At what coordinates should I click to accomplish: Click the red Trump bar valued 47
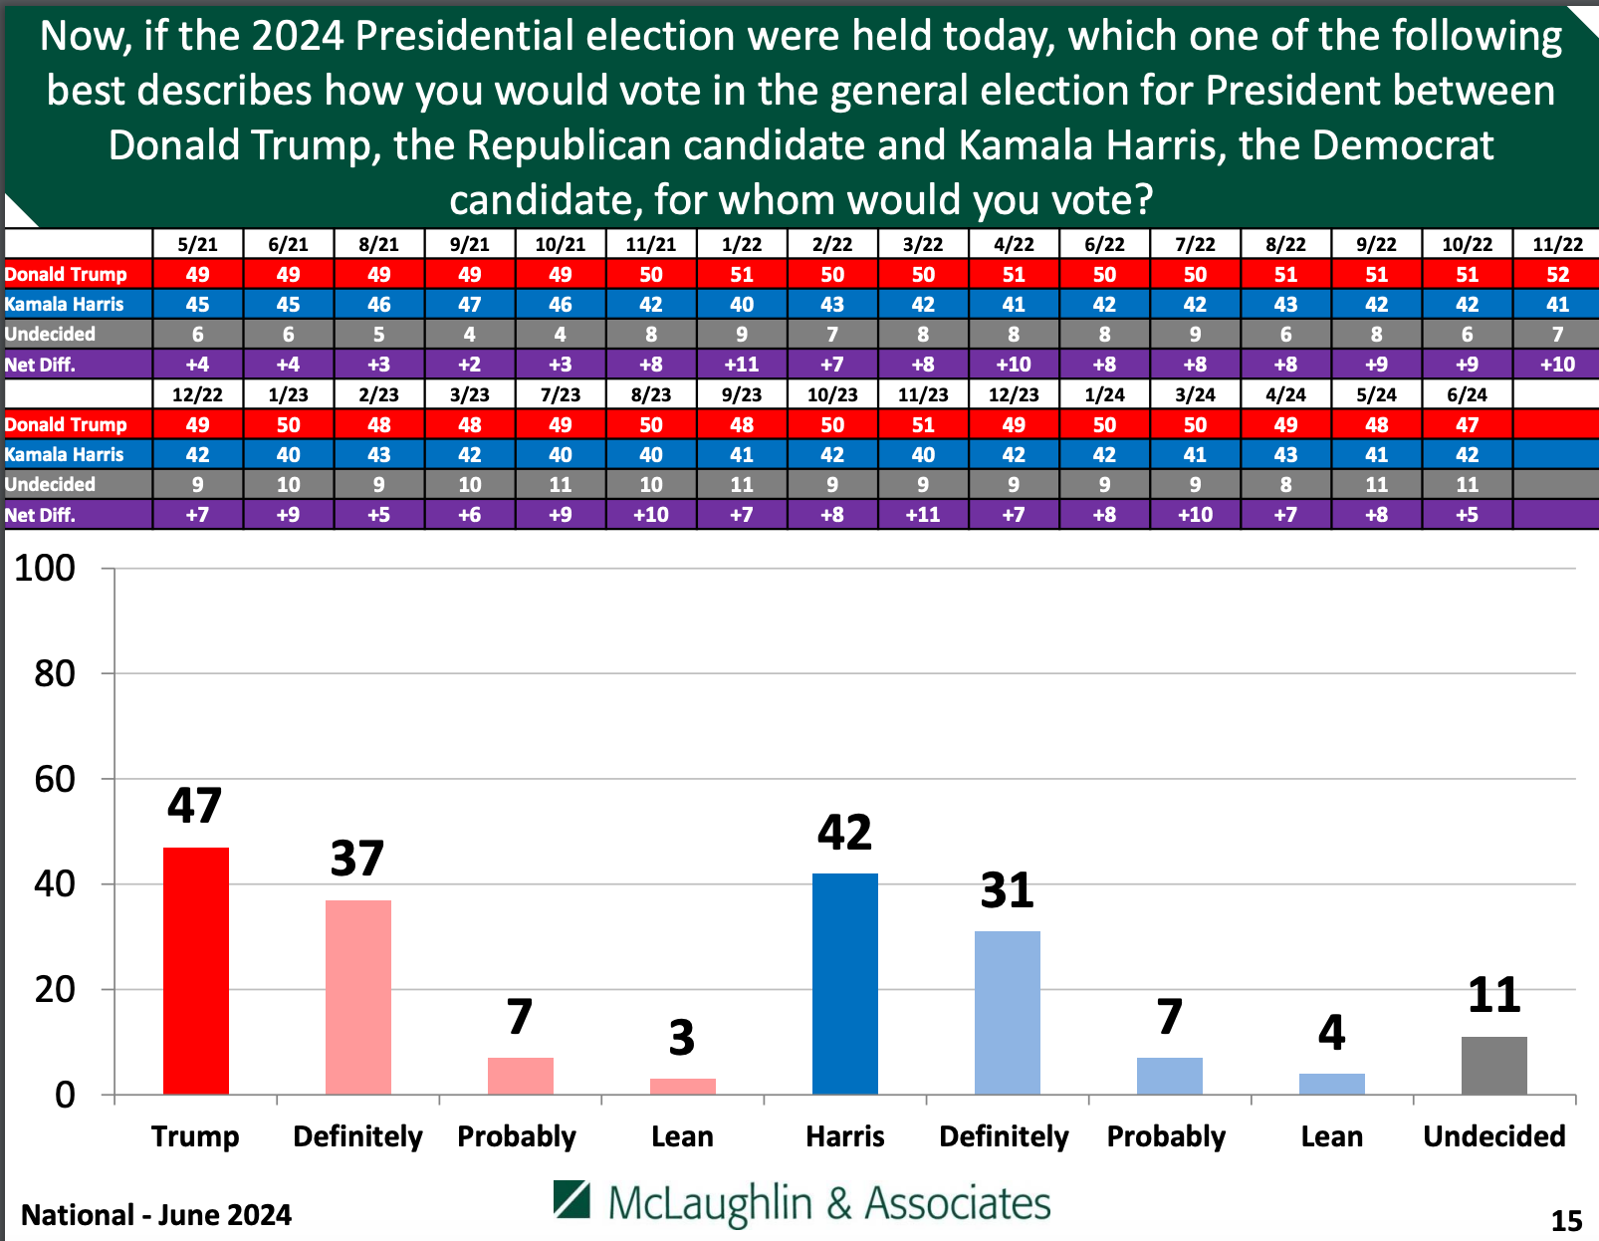tap(196, 970)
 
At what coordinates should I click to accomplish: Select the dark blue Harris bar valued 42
tap(845, 983)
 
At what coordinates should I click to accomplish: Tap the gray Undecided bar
tap(1493, 1065)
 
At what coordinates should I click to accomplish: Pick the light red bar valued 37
tap(358, 997)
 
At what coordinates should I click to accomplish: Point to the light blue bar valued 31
tap(1008, 1012)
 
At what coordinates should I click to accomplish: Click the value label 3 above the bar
tap(682, 1038)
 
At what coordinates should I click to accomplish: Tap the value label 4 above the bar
tap(1331, 1033)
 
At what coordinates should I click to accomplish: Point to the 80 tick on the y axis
tap(55, 674)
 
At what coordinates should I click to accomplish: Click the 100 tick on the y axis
tap(45, 569)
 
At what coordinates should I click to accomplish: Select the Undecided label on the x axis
tap(1493, 1136)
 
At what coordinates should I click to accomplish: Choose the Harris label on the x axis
tap(845, 1136)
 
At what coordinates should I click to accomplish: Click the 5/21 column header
tap(197, 244)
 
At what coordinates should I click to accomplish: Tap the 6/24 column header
tap(1467, 394)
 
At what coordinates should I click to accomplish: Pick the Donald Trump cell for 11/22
tap(1557, 274)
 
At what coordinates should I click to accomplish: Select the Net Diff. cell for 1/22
tap(742, 365)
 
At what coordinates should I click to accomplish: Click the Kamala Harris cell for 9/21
tap(469, 305)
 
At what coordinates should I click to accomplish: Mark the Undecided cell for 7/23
tap(561, 485)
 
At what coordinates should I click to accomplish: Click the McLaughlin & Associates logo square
tap(572, 1200)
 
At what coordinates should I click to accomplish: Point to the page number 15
tap(1566, 1220)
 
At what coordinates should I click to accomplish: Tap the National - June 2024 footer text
tap(156, 1215)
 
